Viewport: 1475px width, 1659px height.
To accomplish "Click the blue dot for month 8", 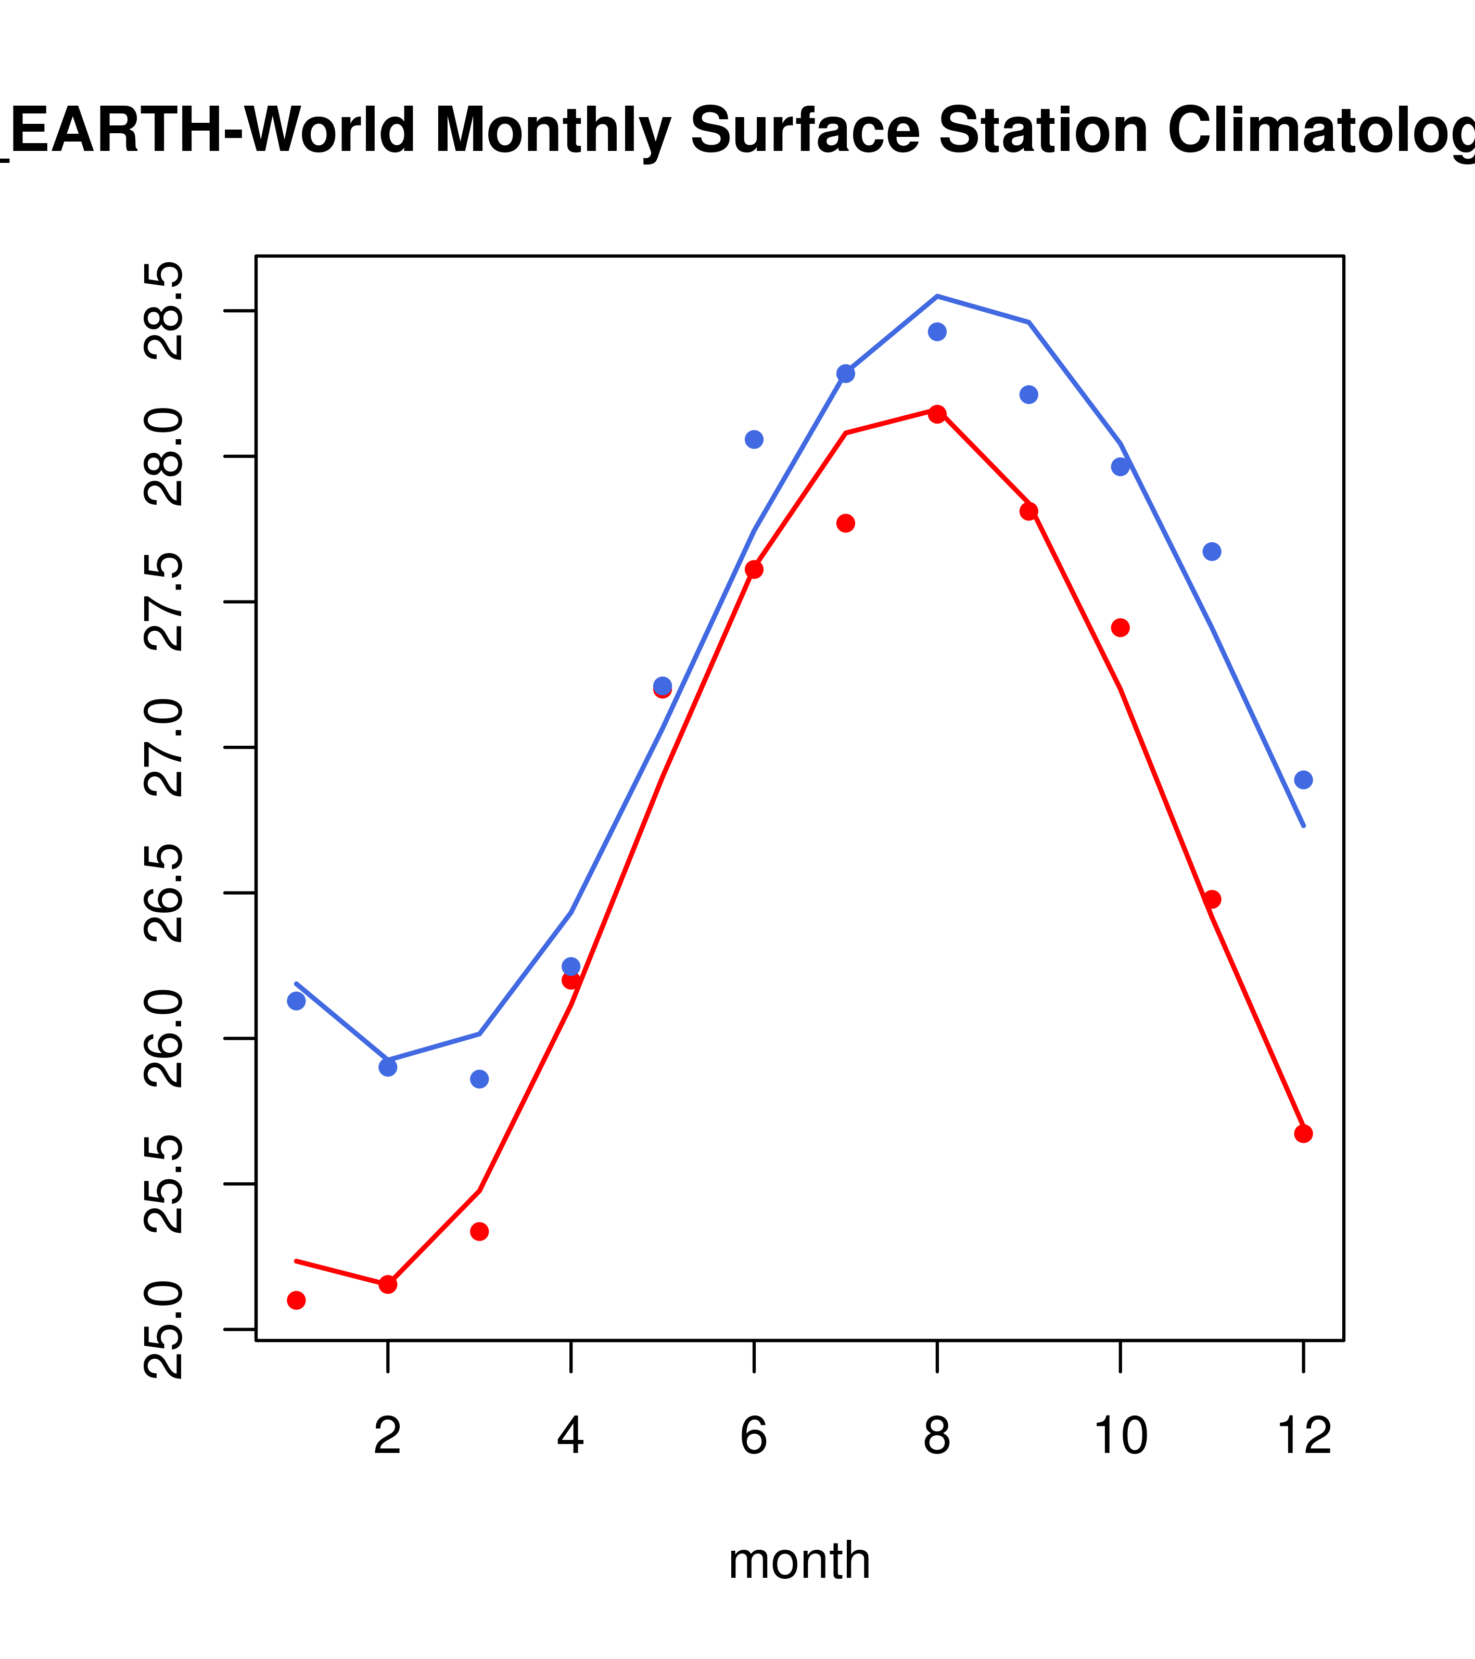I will pyautogui.click(x=937, y=332).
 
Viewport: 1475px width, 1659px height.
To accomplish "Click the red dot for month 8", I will pyautogui.click(x=937, y=414).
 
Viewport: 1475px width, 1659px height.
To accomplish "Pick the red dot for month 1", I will pyautogui.click(x=296, y=1300).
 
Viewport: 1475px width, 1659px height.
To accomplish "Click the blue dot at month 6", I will pyautogui.click(x=754, y=439).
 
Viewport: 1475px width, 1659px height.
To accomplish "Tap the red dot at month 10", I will pyautogui.click(x=1120, y=628).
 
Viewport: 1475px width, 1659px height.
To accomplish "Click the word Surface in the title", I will pyautogui.click(x=805, y=130).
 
